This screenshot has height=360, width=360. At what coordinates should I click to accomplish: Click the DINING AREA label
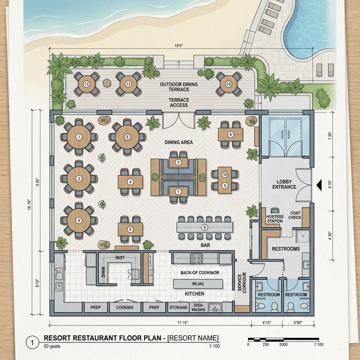pos(179,142)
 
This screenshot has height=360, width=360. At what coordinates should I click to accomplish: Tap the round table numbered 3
pos(79,179)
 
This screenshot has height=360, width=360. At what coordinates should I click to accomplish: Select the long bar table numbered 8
pos(205,228)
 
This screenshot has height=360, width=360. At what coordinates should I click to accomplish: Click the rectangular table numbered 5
pos(130,229)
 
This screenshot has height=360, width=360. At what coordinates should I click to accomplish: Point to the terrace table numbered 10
pos(229,84)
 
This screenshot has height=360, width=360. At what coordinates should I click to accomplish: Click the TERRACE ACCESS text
pos(179,102)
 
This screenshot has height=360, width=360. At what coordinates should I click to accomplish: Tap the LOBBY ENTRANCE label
pos(284,184)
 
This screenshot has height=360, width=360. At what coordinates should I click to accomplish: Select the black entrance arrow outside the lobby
pos(320,184)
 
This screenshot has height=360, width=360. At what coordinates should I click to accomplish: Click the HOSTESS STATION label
pos(274,219)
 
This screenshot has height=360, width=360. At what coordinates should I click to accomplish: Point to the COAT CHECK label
pos(295,216)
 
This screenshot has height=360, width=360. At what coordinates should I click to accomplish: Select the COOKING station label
pos(125,307)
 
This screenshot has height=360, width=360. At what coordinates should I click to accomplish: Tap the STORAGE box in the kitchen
pos(178,307)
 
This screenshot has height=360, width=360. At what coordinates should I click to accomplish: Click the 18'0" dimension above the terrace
pos(179,45)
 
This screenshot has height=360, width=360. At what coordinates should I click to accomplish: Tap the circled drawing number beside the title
pos(32,342)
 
